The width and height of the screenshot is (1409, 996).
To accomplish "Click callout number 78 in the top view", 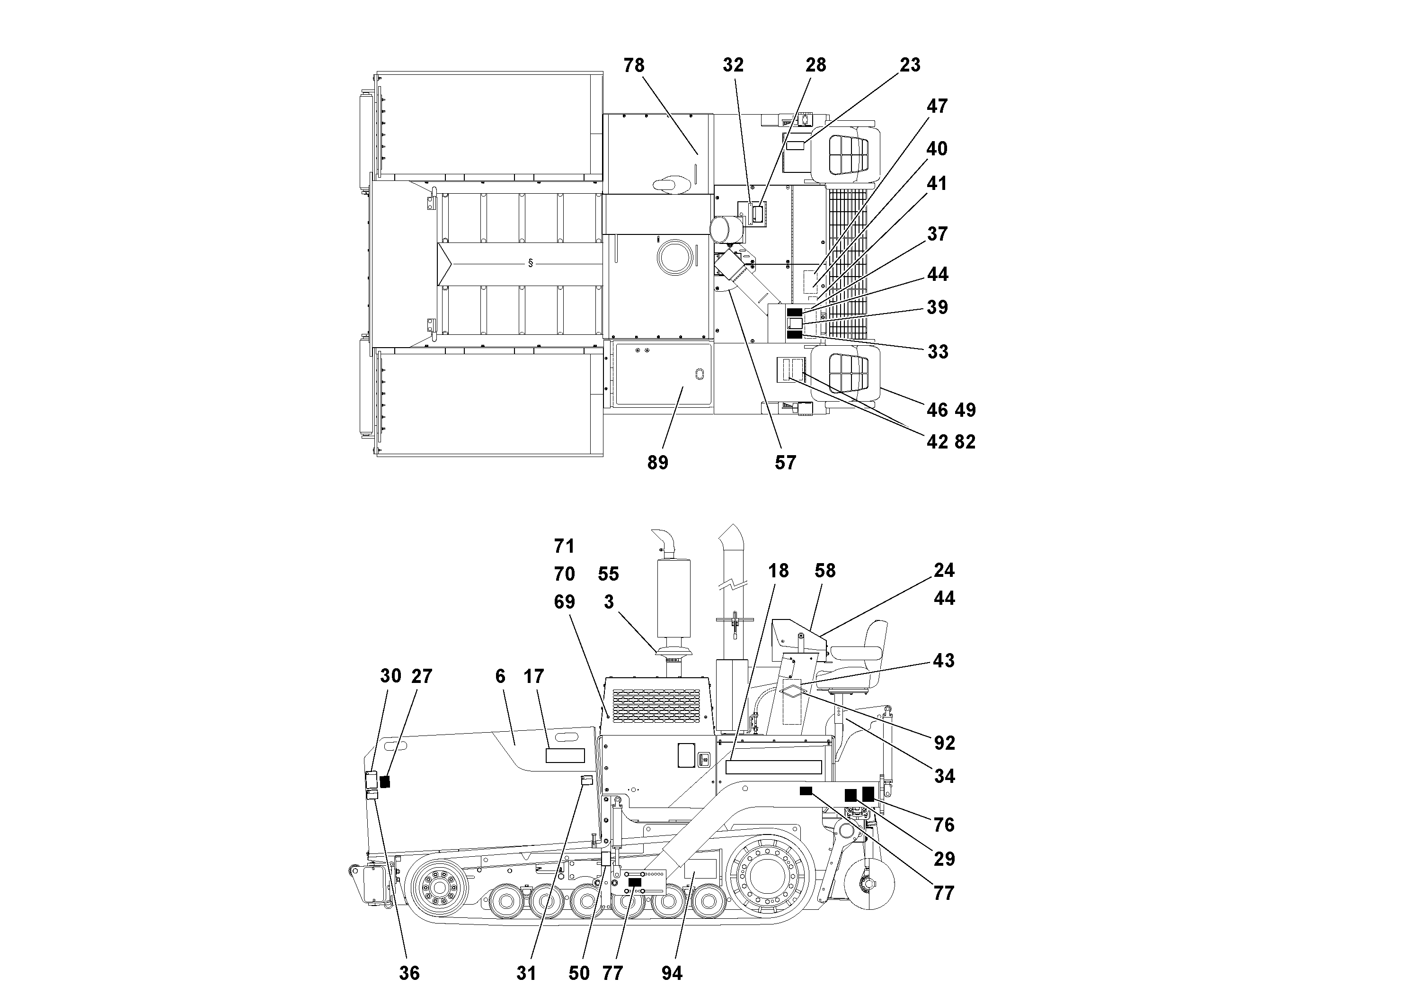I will click(634, 65).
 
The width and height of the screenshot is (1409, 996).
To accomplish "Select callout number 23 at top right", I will click(910, 65).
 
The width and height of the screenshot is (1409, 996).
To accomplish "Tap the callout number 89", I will click(657, 462).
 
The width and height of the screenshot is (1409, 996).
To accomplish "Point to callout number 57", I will click(785, 462).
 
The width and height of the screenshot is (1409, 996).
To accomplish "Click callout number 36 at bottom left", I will click(409, 973).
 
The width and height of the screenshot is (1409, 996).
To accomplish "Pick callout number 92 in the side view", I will click(944, 743).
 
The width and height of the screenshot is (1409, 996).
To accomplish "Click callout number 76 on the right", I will click(944, 825).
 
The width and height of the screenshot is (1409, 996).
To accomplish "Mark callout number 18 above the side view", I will click(778, 571).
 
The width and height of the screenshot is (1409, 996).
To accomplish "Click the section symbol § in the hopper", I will click(530, 263).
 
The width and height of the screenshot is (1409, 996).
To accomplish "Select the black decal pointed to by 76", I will click(868, 793).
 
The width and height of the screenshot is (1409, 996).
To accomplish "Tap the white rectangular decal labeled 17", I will click(565, 755).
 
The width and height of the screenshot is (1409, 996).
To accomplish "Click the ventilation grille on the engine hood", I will click(656, 705).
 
